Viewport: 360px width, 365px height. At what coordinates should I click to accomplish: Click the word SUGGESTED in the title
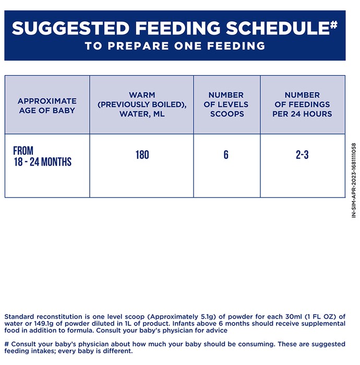point(70,28)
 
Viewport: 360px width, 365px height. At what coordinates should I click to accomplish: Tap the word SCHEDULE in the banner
point(278,28)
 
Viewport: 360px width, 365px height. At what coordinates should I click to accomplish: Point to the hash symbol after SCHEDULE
point(334,25)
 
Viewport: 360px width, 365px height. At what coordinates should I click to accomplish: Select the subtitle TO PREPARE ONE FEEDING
point(175,46)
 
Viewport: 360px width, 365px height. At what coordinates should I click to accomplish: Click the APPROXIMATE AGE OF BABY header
point(47,106)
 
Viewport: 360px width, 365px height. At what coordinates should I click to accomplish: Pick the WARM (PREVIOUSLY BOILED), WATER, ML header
point(142,104)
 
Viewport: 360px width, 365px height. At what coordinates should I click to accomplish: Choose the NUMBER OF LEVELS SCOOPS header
point(226,104)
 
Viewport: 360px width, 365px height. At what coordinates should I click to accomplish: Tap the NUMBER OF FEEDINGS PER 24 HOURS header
point(302,104)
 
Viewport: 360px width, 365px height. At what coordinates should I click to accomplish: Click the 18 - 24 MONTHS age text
point(43,162)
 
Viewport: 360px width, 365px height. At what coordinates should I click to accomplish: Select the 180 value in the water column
point(142,155)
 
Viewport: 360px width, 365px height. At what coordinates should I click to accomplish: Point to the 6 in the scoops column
point(226,155)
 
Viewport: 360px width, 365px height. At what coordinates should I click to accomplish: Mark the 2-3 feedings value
point(302,155)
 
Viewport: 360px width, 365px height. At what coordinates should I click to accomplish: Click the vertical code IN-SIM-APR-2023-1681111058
point(354,180)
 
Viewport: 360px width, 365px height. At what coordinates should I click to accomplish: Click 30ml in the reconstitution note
point(293,317)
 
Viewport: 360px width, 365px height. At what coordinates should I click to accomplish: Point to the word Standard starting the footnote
point(19,317)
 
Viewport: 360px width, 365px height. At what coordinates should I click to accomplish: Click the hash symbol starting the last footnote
point(6,344)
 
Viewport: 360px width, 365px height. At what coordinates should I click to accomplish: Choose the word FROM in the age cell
point(23,151)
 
